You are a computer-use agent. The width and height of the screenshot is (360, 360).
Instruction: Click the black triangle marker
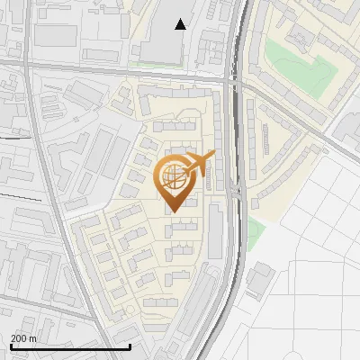[x=182, y=24]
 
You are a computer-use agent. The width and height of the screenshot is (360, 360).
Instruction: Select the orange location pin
[x=177, y=180]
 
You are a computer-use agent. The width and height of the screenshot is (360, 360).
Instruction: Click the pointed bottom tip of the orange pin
[x=176, y=211]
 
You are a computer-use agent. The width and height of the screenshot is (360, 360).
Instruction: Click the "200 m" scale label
[x=23, y=338]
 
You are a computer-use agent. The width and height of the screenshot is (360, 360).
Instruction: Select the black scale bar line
[x=70, y=346]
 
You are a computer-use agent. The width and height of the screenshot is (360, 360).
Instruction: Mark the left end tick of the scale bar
[x=11, y=345]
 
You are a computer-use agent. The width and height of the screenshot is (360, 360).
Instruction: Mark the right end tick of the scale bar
[x=130, y=345]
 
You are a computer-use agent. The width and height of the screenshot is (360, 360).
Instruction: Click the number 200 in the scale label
[x=19, y=338]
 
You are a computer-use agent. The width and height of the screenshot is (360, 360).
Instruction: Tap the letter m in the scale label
[x=32, y=338]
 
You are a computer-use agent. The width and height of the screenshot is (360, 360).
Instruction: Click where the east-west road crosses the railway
[x=236, y=81]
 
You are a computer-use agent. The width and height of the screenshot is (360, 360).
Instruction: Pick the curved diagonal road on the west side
[x=54, y=198]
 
